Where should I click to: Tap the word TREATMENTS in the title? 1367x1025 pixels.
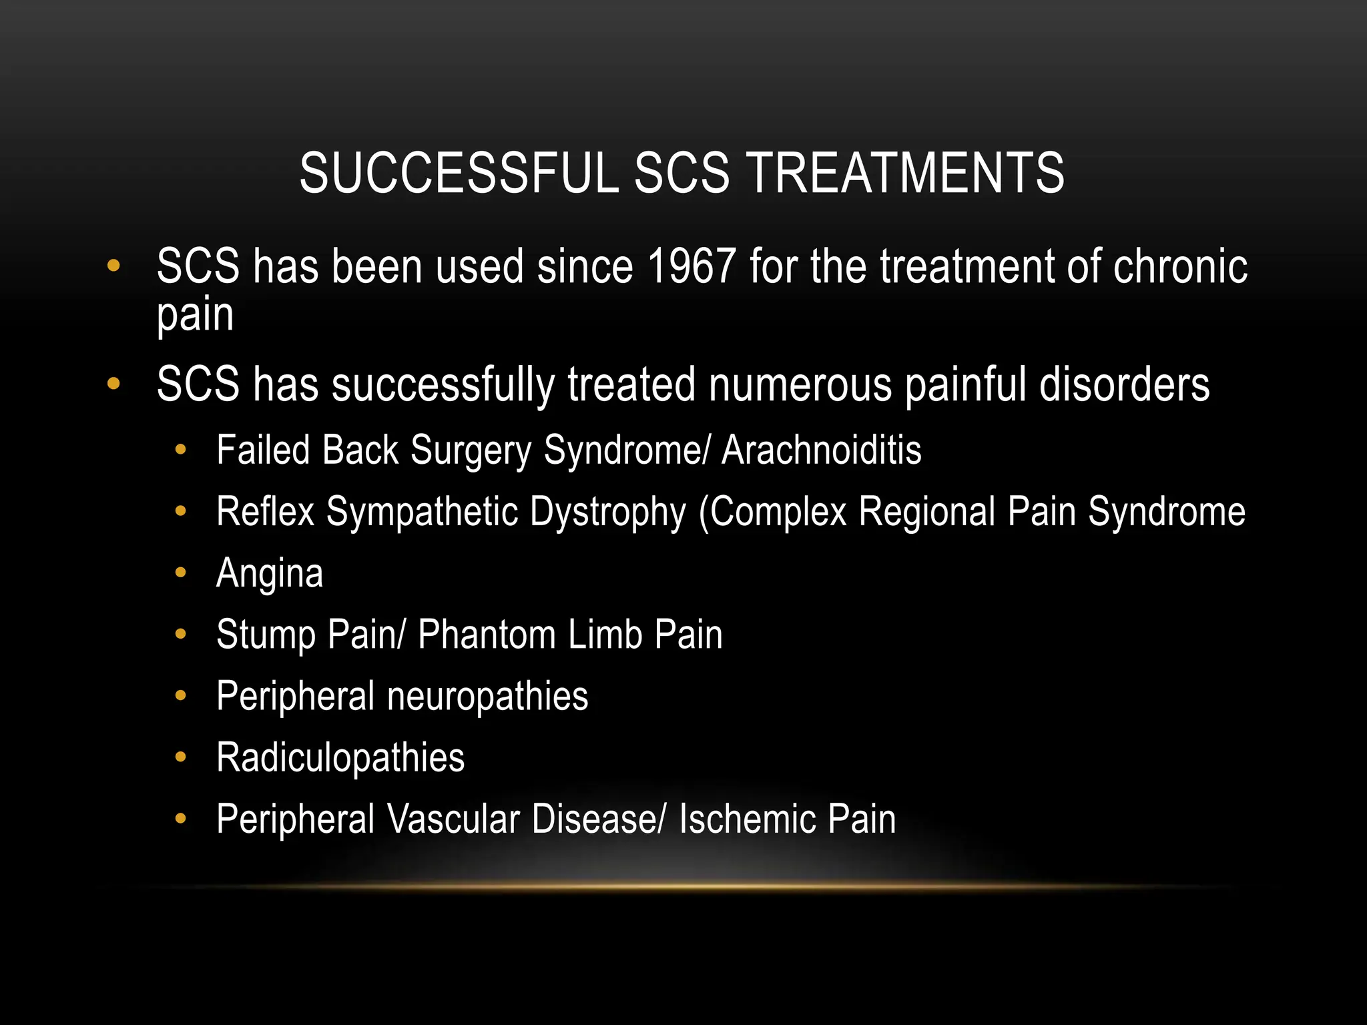click(x=906, y=173)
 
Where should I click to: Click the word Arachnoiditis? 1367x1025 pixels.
click(x=822, y=450)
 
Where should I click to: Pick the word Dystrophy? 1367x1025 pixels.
click(x=608, y=512)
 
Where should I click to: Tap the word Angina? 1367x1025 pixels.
click(x=270, y=574)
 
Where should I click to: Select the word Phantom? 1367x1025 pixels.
click(x=487, y=635)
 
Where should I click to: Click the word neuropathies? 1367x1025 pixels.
click(x=488, y=697)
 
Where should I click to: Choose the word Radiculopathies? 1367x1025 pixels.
click(x=340, y=758)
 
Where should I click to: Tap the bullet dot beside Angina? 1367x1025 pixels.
click(x=180, y=573)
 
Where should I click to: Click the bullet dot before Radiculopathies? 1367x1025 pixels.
click(x=180, y=757)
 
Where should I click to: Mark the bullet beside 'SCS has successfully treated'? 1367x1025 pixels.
click(x=113, y=384)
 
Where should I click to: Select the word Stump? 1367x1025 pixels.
click(x=265, y=635)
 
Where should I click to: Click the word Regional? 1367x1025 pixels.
click(x=927, y=512)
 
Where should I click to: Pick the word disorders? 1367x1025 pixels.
click(x=1124, y=385)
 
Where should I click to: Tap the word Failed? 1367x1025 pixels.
click(x=263, y=450)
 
